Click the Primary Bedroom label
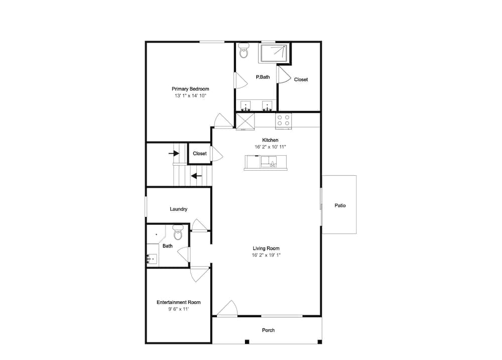pos(190,89)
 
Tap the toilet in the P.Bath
pos(244,51)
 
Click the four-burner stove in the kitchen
pos(283,121)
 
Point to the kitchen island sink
pos(269,162)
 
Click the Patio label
pos(340,206)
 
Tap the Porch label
pos(268,330)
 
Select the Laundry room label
pos(178,209)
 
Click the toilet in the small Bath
pos(178,232)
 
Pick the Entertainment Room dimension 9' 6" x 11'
pos(178,309)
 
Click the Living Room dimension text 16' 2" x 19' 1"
pos(266,255)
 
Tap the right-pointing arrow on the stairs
pos(174,154)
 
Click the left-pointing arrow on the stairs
pos(196,176)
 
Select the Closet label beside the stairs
pos(199,154)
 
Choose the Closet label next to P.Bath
pos(301,79)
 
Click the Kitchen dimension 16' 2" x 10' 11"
pos(270,147)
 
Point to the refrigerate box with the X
pos(245,121)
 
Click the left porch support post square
pos(247,342)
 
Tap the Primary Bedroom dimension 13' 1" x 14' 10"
pos(190,96)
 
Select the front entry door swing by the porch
pos(227,308)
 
